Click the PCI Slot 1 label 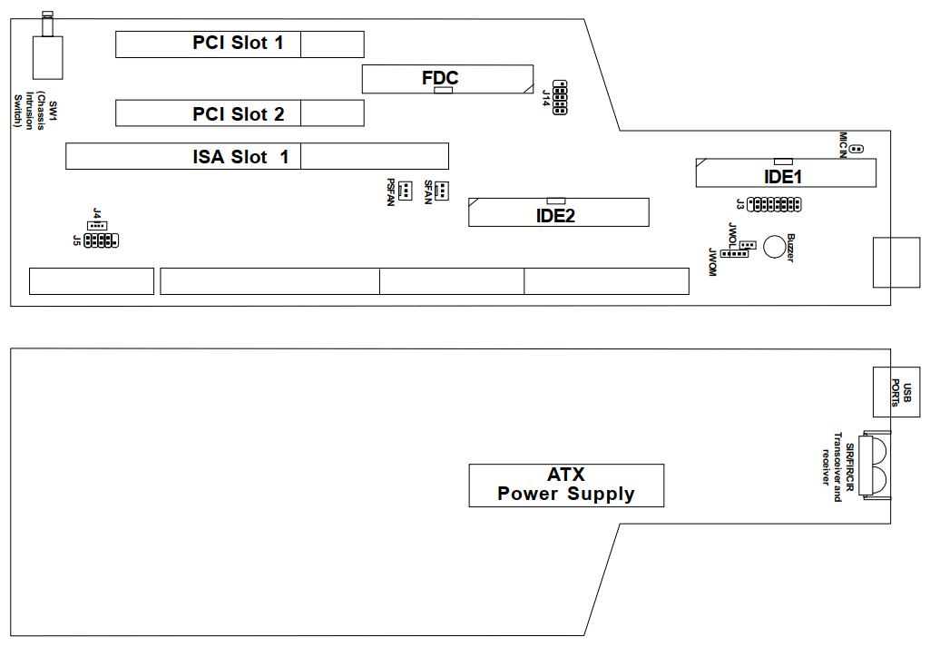(x=238, y=43)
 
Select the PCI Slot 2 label (x=238, y=114)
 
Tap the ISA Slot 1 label (x=240, y=157)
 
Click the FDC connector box (x=447, y=79)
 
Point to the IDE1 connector (x=786, y=172)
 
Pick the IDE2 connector (x=558, y=212)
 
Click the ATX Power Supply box (x=566, y=485)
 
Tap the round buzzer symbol (x=775, y=246)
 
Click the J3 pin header (x=773, y=204)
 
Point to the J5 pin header (x=100, y=240)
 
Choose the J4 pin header (x=97, y=224)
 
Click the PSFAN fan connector (x=404, y=191)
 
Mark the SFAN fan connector (x=441, y=191)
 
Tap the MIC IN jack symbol (x=857, y=149)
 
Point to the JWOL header (x=747, y=245)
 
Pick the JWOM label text (x=713, y=262)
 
